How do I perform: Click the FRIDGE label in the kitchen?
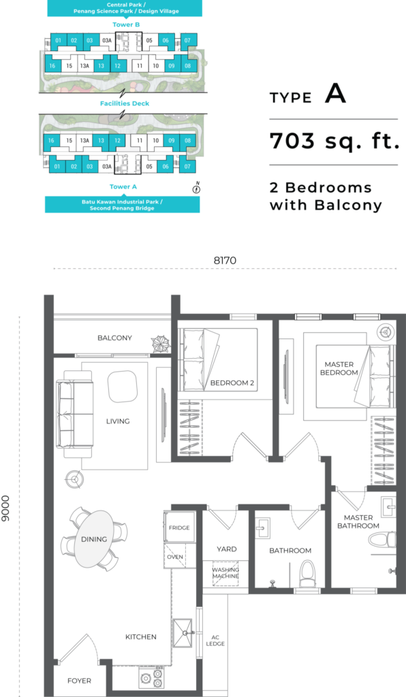[179, 528]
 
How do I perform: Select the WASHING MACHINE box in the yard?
[225, 573]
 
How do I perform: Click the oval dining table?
[94, 539]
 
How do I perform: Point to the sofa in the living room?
[75, 414]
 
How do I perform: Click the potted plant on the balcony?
[159, 344]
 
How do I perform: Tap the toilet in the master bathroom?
[382, 540]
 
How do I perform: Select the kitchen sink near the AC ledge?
[183, 632]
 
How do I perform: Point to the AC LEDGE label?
[215, 641]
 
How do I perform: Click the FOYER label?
[79, 681]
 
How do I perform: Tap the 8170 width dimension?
[225, 261]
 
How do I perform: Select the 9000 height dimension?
[5, 508]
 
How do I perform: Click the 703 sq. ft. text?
[334, 142]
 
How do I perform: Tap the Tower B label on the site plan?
[126, 25]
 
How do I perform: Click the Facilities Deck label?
[125, 103]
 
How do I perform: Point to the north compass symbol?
[197, 188]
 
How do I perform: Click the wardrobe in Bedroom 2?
[190, 427]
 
